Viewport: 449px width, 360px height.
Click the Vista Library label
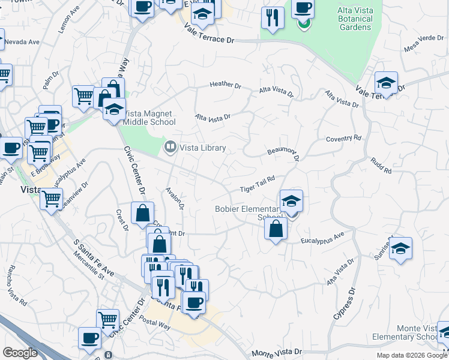[203, 148]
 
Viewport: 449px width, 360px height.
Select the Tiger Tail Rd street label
[258, 184]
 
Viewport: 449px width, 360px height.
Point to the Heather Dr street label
[225, 85]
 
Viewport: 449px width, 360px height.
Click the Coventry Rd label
[344, 139]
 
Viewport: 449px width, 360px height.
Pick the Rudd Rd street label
[381, 166]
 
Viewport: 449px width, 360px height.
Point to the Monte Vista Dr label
[277, 353]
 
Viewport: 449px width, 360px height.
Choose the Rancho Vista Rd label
[17, 291]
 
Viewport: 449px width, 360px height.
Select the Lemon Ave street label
[68, 20]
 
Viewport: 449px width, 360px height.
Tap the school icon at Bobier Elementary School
[291, 201]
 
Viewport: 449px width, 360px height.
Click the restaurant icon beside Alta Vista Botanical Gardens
[273, 19]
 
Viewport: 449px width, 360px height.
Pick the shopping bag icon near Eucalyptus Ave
[275, 229]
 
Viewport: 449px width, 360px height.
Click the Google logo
[20, 353]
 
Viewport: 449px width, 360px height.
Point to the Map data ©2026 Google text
[411, 355]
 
